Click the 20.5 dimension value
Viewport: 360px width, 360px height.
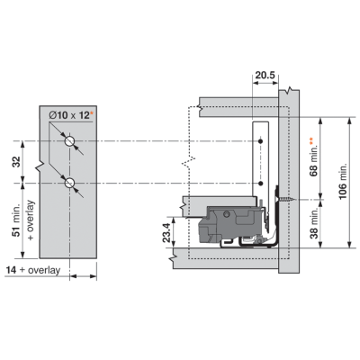point(265,76)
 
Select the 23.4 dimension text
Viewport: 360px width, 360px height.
point(168,232)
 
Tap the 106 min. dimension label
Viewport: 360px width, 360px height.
point(342,181)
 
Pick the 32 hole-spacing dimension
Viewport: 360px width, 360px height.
point(17,162)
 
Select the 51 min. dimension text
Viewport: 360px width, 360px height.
point(17,220)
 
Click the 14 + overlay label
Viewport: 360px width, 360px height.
point(33,270)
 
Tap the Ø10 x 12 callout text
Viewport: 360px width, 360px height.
point(69,115)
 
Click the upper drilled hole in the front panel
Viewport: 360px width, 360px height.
point(69,141)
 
